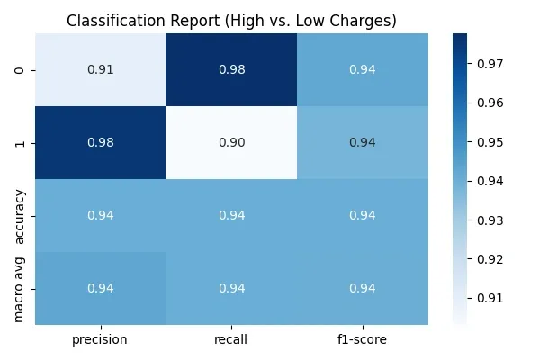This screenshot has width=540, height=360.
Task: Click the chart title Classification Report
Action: tap(231, 21)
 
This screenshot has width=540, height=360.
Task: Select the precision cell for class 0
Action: tap(100, 69)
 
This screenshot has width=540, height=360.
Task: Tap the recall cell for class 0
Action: tap(231, 69)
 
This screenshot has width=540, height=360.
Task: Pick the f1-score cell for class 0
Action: tap(363, 69)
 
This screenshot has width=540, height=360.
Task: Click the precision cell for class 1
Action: tap(100, 142)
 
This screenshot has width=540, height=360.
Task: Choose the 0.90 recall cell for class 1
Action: tap(231, 142)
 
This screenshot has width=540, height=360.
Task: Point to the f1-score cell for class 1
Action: tap(363, 142)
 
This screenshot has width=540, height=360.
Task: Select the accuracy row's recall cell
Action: tap(231, 215)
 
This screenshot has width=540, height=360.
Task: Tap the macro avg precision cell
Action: tap(100, 288)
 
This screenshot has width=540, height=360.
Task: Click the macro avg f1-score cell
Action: tap(363, 288)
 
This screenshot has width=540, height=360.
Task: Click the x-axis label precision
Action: tap(100, 340)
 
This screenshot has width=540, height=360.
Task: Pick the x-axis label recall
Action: tap(231, 340)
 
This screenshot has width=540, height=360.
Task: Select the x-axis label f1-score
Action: tap(363, 340)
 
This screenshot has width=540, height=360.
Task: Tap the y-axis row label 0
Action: tap(21, 69)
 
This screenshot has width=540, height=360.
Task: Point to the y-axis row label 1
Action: tap(21, 142)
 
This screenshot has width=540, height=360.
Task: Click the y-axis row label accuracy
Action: tap(21, 215)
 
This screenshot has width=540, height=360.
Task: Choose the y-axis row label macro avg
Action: tap(21, 288)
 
